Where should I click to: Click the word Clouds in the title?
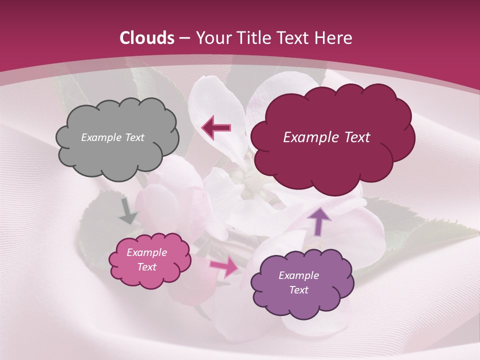(147, 38)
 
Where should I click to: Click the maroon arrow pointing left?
(216, 128)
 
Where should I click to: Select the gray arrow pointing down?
(128, 210)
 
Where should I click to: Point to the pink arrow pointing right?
(224, 266)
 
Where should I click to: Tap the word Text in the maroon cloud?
(352, 137)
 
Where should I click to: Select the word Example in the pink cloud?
(146, 252)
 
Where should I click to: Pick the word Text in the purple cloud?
(299, 290)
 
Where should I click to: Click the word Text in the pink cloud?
(146, 267)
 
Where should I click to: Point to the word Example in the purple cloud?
(298, 275)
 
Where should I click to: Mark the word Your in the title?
(210, 38)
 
